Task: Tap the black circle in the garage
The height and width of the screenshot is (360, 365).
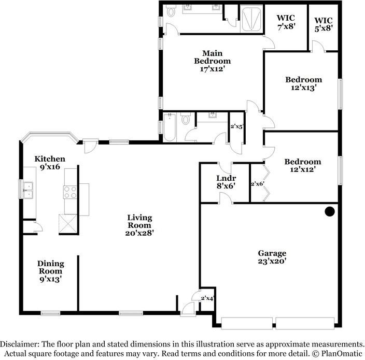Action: point(329,211)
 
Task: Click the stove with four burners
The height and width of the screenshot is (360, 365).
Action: point(71,192)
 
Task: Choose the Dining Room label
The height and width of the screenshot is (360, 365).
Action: point(50,271)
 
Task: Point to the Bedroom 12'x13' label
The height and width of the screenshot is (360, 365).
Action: point(303,84)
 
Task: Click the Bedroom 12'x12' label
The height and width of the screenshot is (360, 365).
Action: point(302,165)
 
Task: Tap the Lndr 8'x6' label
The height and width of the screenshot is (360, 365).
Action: point(226,182)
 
